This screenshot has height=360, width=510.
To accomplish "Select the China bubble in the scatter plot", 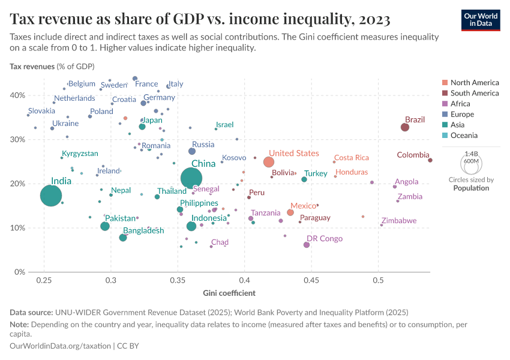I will (x=191, y=178).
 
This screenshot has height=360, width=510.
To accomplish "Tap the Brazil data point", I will (x=405, y=127).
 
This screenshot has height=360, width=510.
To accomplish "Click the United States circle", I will (x=269, y=162).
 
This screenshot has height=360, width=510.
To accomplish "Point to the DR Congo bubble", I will (x=307, y=245).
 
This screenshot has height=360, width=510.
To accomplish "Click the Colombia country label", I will (x=413, y=155).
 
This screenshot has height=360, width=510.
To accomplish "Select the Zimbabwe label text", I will (x=399, y=221).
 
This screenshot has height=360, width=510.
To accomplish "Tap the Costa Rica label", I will (x=351, y=158).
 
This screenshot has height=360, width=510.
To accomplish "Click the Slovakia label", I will (x=41, y=111).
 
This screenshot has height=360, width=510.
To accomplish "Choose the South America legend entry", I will (x=474, y=93).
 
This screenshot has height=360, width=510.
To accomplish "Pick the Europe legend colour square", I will (x=445, y=114).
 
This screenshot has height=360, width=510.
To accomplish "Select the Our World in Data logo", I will (x=480, y=19).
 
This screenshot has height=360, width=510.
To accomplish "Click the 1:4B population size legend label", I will (x=471, y=154).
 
